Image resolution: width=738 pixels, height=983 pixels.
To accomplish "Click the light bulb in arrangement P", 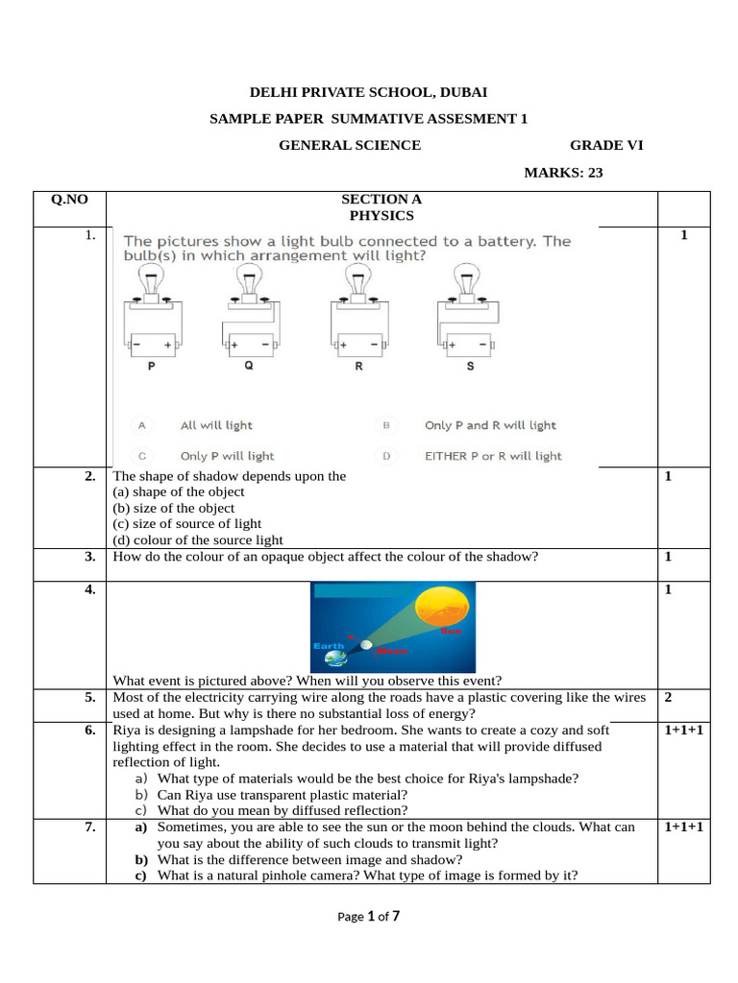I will tap(152, 281).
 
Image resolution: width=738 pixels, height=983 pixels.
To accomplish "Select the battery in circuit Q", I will tap(251, 343).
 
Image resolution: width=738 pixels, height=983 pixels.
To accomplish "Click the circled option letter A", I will tap(142, 424).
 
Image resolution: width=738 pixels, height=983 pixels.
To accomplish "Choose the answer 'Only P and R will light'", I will tap(490, 425).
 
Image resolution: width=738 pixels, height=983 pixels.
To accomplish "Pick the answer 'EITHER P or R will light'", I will tap(493, 456).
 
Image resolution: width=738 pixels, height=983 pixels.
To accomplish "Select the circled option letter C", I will tap(142, 456).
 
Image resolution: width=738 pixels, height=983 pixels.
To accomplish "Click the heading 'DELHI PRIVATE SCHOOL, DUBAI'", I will tap(368, 92).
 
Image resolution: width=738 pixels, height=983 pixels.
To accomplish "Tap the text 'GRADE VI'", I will tap(606, 145).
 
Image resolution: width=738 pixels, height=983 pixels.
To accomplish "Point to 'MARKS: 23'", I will tap(563, 173).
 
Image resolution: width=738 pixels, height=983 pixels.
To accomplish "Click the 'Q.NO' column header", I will tap(69, 200).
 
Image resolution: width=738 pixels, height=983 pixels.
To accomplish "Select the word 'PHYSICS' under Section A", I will tap(381, 216).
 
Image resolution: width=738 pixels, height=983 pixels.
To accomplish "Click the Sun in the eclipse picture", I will tap(445, 612).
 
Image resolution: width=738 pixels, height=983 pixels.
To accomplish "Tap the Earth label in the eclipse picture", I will tap(329, 646).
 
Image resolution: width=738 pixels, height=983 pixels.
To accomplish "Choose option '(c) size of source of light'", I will tap(186, 523).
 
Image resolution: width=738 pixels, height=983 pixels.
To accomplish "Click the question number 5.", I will tap(89, 698).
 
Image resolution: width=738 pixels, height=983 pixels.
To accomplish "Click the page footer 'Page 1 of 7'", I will tap(368, 916).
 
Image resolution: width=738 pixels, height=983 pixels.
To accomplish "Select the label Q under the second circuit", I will tap(249, 366).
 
